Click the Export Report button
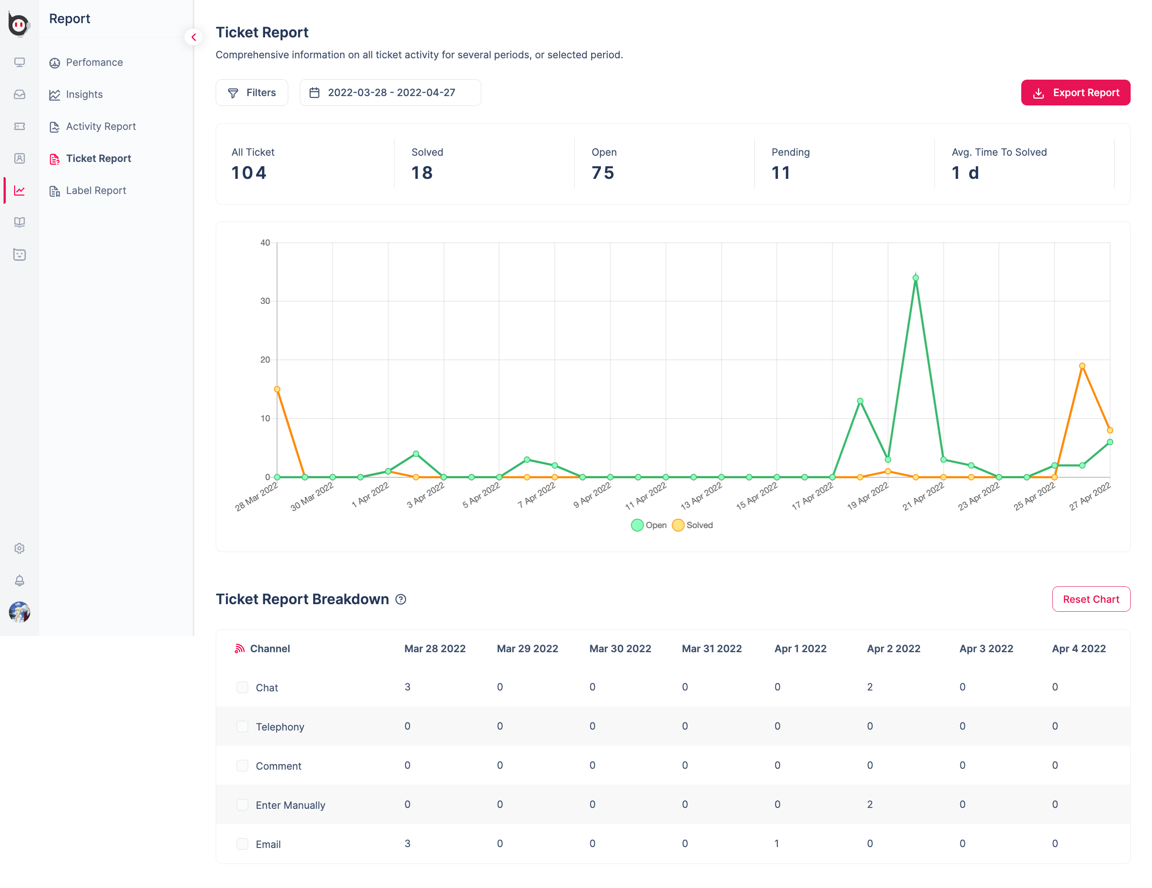(x=1075, y=93)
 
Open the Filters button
(x=252, y=93)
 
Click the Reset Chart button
(x=1090, y=599)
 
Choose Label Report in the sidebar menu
(x=96, y=190)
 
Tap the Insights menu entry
(x=84, y=94)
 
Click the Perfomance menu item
(x=94, y=62)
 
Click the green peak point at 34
(x=916, y=278)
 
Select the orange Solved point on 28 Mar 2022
(x=277, y=389)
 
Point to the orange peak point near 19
(x=1082, y=366)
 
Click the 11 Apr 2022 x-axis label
(x=646, y=496)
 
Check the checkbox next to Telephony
(x=242, y=727)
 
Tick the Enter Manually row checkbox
(x=242, y=805)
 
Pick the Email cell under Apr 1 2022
(x=777, y=844)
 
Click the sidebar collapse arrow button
(x=193, y=37)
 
